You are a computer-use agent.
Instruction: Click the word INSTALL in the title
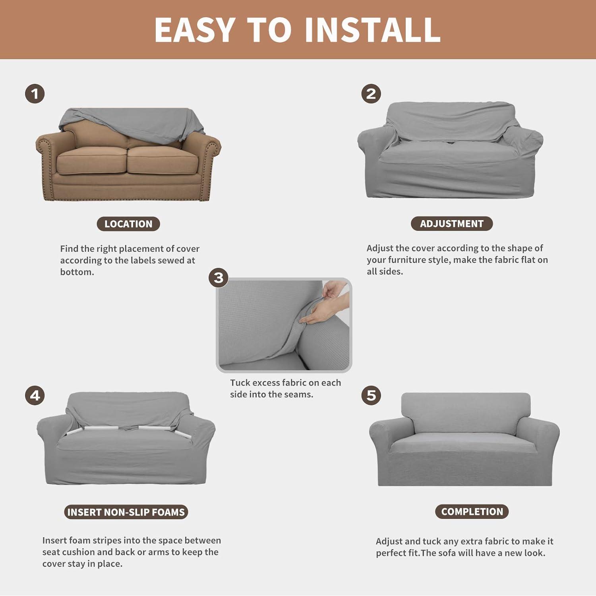coord(373,30)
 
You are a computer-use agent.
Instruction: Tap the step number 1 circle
coord(35,94)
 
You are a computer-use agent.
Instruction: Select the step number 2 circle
coord(371,94)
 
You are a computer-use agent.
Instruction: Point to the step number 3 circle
coord(219,277)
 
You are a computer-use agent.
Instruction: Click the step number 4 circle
coord(35,396)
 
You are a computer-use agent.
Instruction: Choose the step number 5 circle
coord(371,396)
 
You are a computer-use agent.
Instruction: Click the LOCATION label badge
coord(128,224)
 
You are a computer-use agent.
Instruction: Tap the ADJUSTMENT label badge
coord(452,224)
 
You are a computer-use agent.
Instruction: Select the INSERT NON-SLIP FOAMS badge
coord(126,512)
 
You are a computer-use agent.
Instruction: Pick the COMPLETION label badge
coord(472,512)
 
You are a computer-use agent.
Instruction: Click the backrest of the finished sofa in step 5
coord(466,411)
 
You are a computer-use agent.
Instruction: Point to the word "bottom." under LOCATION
coord(77,272)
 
